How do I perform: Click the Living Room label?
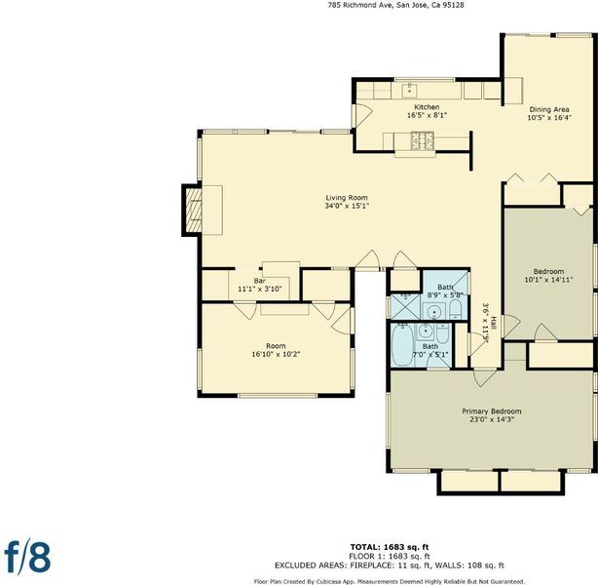tap(347, 198)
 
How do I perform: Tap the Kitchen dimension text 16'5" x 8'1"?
tap(427, 115)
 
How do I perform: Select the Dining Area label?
tap(549, 109)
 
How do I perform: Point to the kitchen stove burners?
tap(423, 140)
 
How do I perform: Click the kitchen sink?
tap(410, 91)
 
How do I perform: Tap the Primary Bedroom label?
tap(492, 411)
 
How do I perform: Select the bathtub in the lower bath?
tap(401, 345)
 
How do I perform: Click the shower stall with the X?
tap(405, 306)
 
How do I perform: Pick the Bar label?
tap(260, 281)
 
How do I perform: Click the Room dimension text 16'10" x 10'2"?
tap(276, 354)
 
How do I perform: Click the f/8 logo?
tap(27, 557)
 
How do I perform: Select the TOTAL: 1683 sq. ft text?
tap(390, 547)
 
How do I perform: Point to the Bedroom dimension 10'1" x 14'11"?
tap(548, 280)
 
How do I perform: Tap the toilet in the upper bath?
tap(456, 309)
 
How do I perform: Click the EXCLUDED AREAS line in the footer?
tap(390, 565)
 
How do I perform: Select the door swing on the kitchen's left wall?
tap(364, 115)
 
